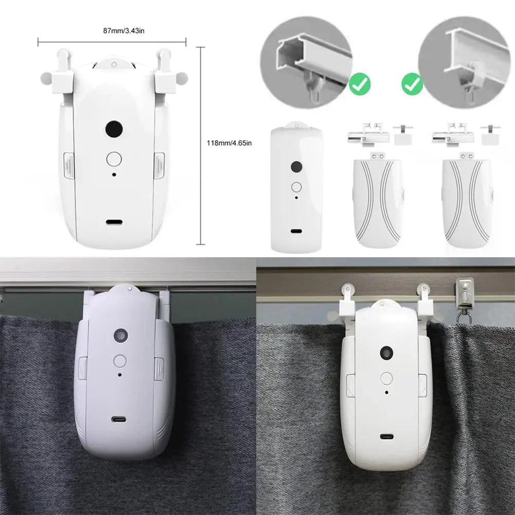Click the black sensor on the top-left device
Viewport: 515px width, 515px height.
[x=113, y=130]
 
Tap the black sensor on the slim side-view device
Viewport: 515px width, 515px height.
[x=296, y=167]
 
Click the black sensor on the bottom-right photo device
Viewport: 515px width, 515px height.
[x=385, y=352]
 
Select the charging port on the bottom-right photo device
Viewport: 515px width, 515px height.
[x=386, y=437]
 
